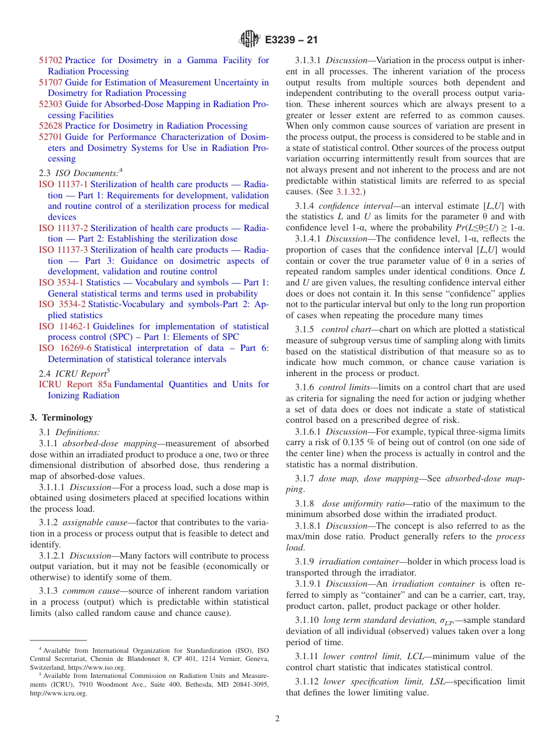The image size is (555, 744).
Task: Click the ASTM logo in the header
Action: tap(249, 40)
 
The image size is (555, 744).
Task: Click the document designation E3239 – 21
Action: tap(292, 40)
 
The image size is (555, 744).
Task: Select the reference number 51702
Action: tap(51, 60)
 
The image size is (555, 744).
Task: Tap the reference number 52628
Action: tap(51, 126)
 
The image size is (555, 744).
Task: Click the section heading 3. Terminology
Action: tap(61, 418)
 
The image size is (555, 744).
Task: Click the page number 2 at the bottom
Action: tap(277, 719)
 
